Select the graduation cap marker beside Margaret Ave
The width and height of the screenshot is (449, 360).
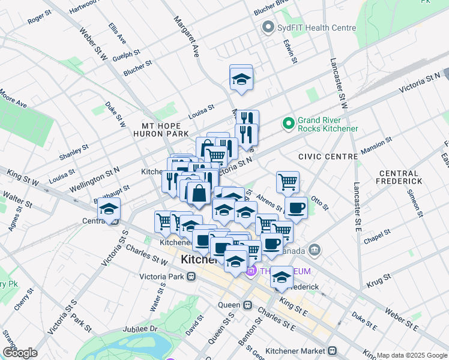pos(241,79)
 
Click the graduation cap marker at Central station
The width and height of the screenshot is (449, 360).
pos(109,209)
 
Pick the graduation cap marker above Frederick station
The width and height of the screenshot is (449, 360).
pos(281,277)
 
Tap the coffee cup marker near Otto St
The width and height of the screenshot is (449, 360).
pos(295,208)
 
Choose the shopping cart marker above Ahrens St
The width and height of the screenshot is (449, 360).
pos(288,181)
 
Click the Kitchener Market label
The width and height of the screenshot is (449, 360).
pos(303,350)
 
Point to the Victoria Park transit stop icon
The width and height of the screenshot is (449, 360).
pos(191,277)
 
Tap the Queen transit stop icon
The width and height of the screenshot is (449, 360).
pos(247,305)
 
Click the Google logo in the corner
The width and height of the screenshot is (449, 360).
pos(19,353)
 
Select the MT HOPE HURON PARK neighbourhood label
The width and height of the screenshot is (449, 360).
pos(165,129)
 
